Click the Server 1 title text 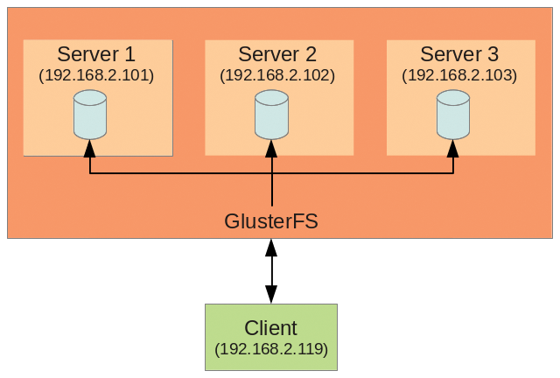click(96, 54)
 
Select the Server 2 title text click(278, 54)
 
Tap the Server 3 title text click(459, 54)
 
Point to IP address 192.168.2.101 click(96, 75)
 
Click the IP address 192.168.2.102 click(278, 75)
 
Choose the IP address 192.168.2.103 click(459, 75)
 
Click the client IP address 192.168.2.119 click(271, 350)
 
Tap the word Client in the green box click(271, 328)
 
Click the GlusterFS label click(271, 221)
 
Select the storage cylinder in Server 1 click(90, 115)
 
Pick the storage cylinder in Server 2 click(272, 115)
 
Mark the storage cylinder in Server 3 click(453, 115)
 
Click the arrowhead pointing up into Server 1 click(90, 146)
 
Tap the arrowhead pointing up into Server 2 click(272, 146)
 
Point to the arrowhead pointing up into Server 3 click(453, 146)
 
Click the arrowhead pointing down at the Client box click(271, 296)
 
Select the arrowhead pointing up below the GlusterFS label click(271, 247)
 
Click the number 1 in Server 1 click(129, 54)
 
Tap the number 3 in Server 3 click(492, 54)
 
